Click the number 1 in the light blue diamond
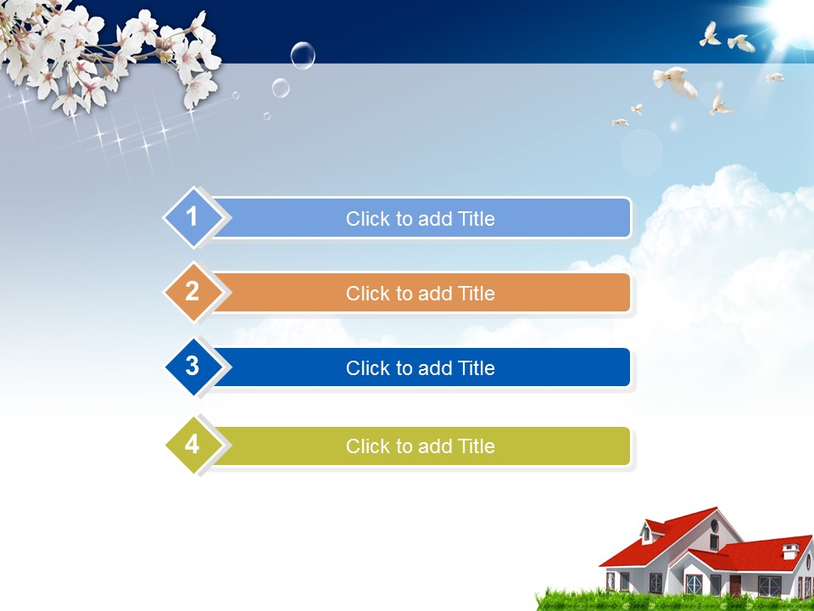click(192, 216)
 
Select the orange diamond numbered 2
click(193, 292)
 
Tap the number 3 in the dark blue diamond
click(192, 366)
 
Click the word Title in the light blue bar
click(476, 219)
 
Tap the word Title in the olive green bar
click(476, 446)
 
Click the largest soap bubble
click(303, 55)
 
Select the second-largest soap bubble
click(281, 87)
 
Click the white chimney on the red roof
click(790, 551)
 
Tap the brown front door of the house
click(735, 586)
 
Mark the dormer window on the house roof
click(647, 533)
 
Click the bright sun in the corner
click(789, 20)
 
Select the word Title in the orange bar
click(476, 294)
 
